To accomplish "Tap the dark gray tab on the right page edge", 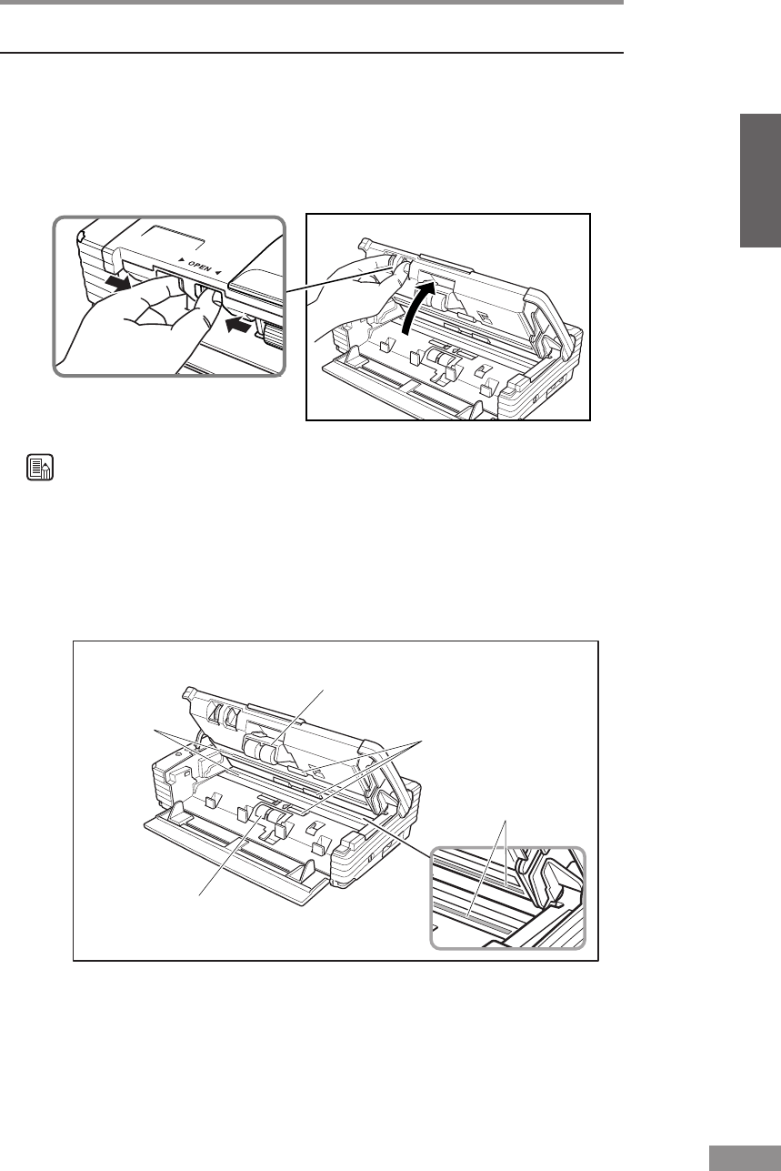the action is (760, 181).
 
